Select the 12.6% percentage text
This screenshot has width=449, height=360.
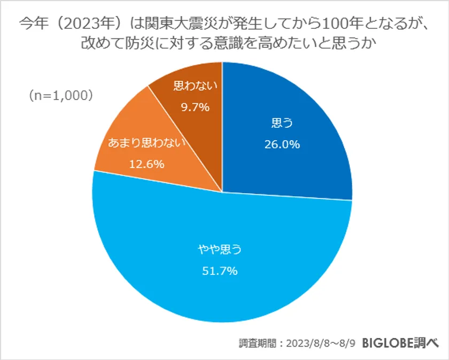(x=146, y=164)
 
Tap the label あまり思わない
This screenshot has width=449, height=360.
(x=146, y=143)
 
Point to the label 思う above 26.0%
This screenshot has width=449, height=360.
(x=282, y=124)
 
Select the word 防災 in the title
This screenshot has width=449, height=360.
(x=140, y=44)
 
